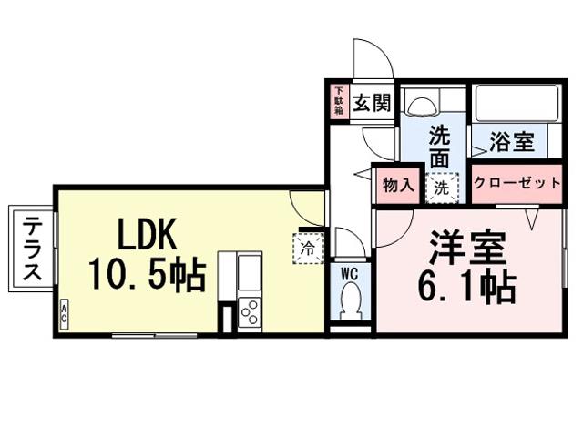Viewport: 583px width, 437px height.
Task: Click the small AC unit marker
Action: pos(64,315)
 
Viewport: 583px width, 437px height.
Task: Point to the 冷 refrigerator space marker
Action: pos(308,246)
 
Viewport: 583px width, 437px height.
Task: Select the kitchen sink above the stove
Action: pos(249,272)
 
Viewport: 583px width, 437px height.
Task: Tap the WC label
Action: pos(350,272)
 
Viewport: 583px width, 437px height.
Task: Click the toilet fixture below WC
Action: pos(350,300)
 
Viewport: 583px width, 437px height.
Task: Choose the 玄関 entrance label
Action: pos(373,102)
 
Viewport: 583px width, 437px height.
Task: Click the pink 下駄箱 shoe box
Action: pos(339,101)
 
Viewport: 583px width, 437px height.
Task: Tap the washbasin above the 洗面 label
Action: pos(424,105)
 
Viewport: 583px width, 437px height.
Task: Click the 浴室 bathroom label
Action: pos(511,142)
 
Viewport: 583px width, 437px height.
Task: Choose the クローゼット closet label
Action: pos(517,184)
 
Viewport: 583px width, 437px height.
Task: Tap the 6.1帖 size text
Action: pos(466,286)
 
